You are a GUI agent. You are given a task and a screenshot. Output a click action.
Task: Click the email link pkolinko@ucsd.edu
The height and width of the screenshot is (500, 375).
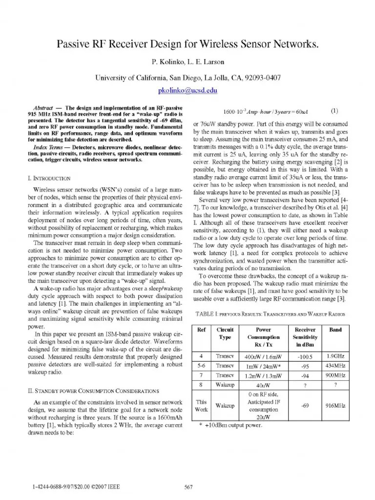point(187,91)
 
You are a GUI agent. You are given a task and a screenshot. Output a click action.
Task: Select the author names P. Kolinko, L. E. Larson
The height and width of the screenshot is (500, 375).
point(187,63)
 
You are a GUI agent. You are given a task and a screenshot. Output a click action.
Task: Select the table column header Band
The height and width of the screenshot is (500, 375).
point(335,330)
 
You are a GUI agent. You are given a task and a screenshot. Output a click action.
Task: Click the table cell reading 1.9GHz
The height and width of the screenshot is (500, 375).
point(335,355)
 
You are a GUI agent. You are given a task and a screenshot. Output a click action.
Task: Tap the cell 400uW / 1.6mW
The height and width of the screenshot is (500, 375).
point(264,355)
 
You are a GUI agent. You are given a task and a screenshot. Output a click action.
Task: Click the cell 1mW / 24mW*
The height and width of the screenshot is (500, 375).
point(264,366)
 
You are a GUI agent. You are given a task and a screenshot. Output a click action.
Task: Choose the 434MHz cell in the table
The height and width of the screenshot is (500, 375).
point(335,366)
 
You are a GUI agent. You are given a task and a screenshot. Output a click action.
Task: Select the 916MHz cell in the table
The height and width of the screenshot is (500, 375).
point(335,405)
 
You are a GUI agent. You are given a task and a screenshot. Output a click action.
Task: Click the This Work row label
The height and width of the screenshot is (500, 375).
point(201,405)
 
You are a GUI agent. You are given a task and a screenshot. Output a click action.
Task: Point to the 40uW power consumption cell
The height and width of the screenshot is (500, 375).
point(264,386)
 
